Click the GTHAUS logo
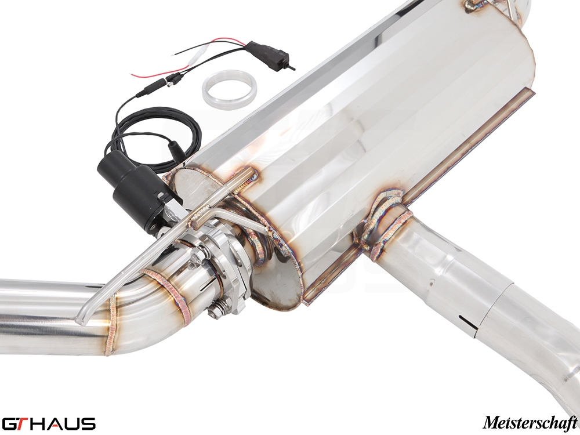click(x=48, y=423)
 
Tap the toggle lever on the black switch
click(x=292, y=66)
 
